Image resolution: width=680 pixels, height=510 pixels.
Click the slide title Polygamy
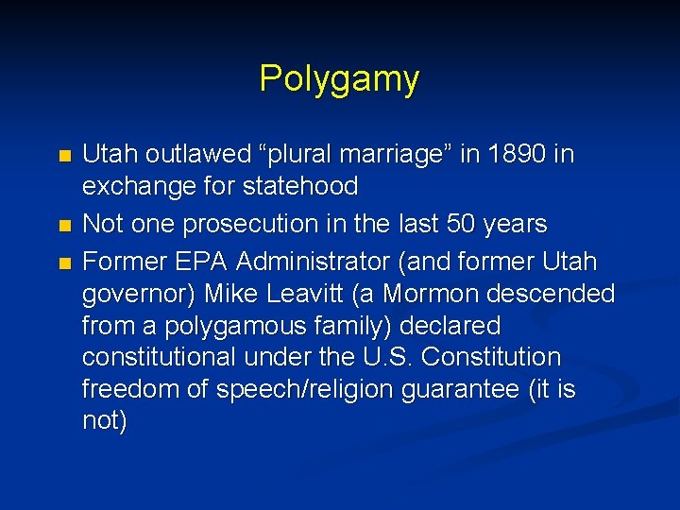tap(339, 79)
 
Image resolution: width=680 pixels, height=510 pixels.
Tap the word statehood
tap(299, 186)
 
